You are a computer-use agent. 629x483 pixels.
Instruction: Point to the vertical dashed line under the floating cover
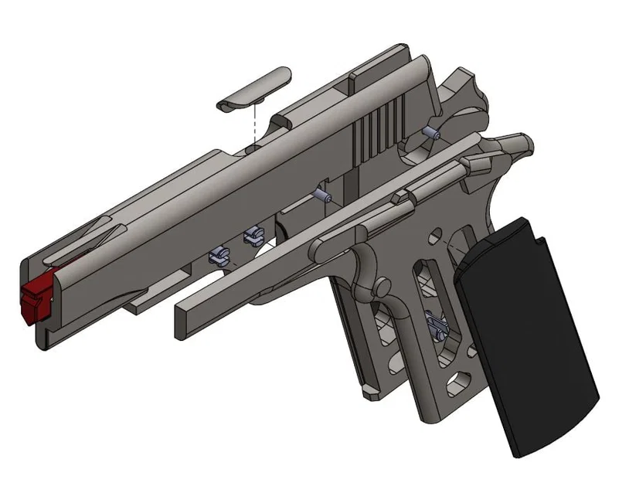tap(254, 124)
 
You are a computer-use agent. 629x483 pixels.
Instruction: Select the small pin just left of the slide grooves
tap(323, 196)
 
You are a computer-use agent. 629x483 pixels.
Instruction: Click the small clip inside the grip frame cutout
tap(436, 325)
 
